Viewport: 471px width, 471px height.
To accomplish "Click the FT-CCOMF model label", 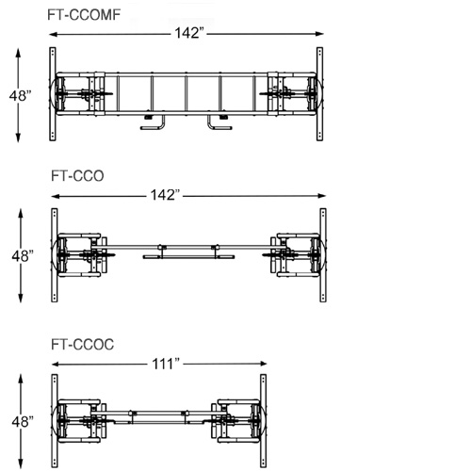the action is [x=84, y=15].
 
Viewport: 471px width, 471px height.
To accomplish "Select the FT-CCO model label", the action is [x=77, y=176].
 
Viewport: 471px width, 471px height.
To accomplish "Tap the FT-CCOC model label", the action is [x=82, y=345].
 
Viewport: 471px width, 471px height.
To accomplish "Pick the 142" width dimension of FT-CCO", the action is [x=166, y=195].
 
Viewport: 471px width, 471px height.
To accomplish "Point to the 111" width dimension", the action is [x=166, y=364].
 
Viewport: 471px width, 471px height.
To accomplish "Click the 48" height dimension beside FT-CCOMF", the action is [x=21, y=95].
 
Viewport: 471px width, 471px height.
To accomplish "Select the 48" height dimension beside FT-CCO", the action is [x=23, y=256].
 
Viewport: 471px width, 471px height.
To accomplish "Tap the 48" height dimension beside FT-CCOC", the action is [x=23, y=422].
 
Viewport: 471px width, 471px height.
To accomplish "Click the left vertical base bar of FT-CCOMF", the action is [x=53, y=94].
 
